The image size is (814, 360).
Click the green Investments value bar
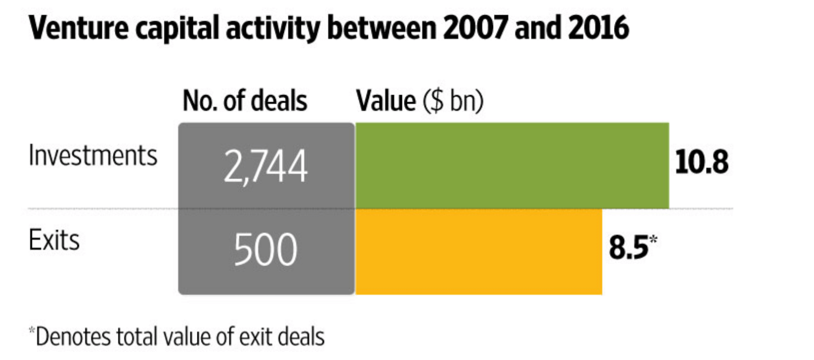coord(512,165)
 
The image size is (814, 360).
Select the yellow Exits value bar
coord(478,252)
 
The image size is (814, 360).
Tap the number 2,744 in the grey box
coord(266,166)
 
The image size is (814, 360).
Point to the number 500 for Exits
coord(266,250)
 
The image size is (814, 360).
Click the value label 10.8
coord(702,163)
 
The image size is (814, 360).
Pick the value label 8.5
coord(628,248)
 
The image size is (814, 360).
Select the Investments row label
coord(93,156)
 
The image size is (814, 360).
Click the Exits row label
coord(54,240)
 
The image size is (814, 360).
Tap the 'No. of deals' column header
coord(245,101)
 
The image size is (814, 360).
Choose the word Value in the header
coord(386,101)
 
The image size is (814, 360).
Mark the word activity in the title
coord(273,28)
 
